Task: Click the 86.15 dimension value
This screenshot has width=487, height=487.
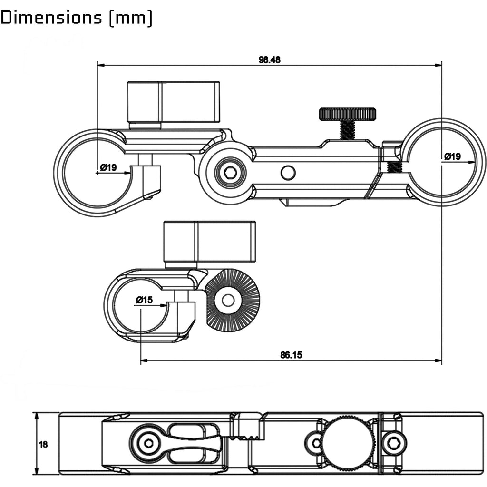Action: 292,354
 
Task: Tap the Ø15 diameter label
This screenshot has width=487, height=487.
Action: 144,300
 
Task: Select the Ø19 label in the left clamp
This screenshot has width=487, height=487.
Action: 108,167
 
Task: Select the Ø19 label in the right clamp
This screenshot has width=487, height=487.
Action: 453,156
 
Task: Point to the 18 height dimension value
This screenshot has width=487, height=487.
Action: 43,445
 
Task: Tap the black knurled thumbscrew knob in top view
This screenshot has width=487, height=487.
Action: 347,114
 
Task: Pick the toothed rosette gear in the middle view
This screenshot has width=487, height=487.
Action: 233,300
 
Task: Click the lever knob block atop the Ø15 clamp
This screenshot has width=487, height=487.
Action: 209,242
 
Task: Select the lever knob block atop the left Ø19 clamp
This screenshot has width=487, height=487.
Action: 173,101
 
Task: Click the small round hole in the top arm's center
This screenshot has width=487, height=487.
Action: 288,172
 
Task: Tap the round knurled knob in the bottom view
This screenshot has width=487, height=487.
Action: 348,443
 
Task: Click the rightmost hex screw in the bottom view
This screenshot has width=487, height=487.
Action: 393,443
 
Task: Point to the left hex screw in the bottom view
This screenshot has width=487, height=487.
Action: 148,443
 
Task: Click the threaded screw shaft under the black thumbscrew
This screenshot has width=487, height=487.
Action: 348,129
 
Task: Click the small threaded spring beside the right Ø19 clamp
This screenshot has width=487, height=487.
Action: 395,166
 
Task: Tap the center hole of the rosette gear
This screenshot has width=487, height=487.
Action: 228,300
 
